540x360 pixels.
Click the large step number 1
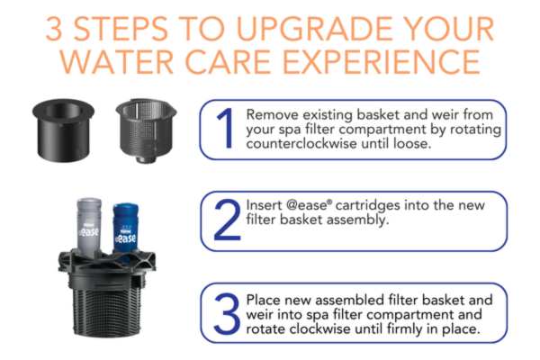pos(225,129)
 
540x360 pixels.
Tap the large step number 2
pos(227,220)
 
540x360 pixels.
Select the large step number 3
pos(226,314)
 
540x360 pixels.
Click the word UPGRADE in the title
pos(314,29)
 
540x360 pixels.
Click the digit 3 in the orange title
pos(54,29)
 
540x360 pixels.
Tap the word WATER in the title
pos(117,62)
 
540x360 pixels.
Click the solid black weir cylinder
pos(63,130)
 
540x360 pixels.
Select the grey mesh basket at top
pos(146,130)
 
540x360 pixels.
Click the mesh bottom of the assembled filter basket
pos(107,310)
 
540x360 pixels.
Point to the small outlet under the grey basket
pos(146,159)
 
